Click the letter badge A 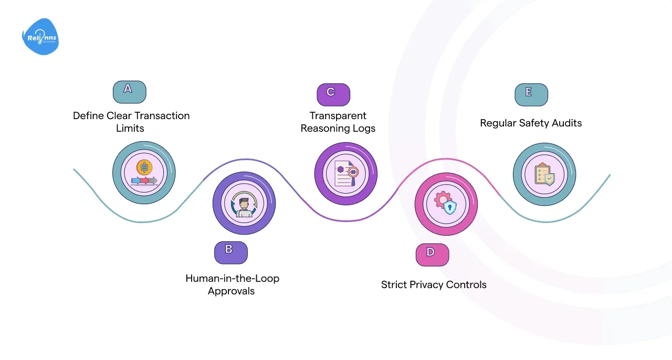point(129,91)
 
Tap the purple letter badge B point(230,252)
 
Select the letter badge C point(333,94)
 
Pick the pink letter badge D point(432,255)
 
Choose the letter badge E point(531,94)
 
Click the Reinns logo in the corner point(40,37)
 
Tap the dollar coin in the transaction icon point(144,167)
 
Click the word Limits point(130,128)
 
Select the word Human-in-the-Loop point(232,278)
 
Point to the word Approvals point(231,291)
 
